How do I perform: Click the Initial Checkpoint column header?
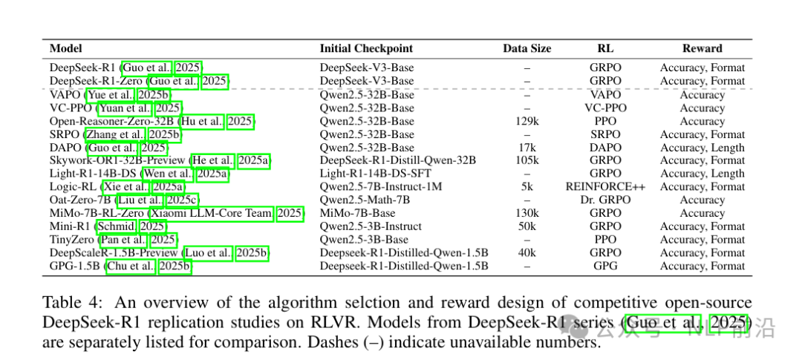click(366, 48)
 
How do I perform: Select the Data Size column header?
click(526, 48)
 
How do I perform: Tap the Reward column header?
click(702, 48)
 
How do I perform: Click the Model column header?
click(66, 48)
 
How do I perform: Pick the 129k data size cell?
click(526, 121)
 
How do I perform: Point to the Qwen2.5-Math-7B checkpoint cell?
click(365, 200)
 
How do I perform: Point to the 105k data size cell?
click(526, 160)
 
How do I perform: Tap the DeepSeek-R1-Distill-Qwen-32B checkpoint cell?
click(397, 160)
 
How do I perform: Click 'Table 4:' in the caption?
click(70, 303)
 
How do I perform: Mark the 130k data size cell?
click(526, 214)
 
